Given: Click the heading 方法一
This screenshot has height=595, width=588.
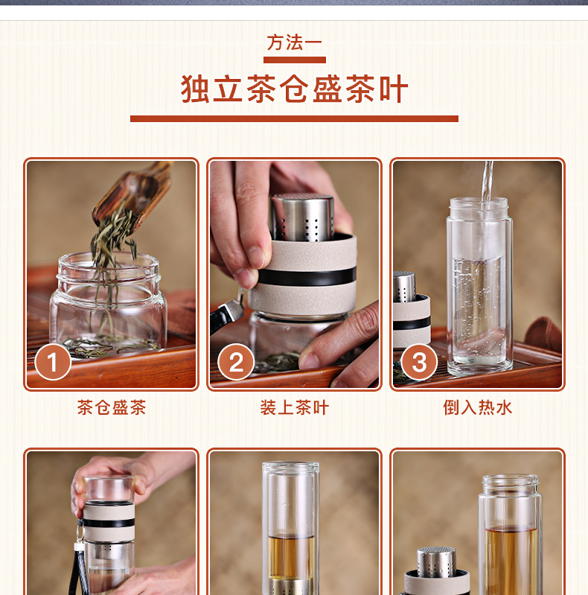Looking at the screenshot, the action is tap(295, 42).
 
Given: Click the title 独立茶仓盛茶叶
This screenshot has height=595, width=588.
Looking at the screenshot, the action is tap(295, 89).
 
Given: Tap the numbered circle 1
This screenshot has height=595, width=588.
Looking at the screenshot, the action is tap(53, 362).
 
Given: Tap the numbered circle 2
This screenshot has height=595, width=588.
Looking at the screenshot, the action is tap(236, 362).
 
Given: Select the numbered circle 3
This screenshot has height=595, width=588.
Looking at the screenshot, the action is tap(419, 362).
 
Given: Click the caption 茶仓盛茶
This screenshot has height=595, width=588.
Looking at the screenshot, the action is tap(112, 407).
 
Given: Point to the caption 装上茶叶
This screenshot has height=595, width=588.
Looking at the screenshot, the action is tap(295, 407).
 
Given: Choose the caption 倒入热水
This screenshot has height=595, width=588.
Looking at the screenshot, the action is tap(478, 407).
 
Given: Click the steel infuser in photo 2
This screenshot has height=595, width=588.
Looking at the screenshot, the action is tap(302, 217).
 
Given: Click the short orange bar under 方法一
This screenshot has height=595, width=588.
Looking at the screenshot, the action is tap(295, 60).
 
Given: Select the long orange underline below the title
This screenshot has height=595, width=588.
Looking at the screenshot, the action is tap(295, 118).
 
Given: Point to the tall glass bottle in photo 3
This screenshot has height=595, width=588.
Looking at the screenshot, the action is tap(479, 287).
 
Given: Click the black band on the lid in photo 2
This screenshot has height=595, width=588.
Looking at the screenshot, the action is tap(307, 276).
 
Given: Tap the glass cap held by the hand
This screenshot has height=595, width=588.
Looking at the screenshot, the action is tap(109, 489).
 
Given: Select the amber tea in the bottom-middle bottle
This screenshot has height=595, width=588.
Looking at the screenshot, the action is tap(291, 557).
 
